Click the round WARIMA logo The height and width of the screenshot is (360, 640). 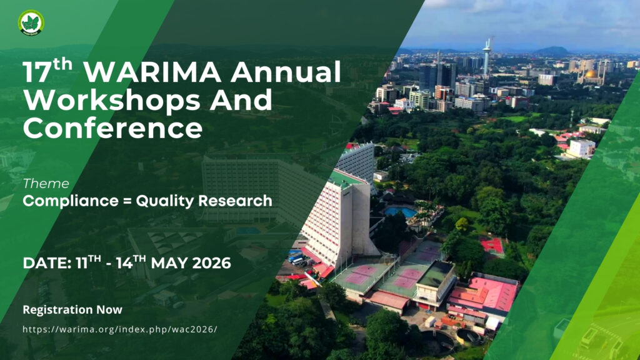click(31, 23)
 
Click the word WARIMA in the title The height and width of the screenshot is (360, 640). click(152, 72)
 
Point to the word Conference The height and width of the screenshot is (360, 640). click(112, 127)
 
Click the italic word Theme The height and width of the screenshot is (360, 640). click(46, 184)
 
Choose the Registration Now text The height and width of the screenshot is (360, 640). click(72, 310)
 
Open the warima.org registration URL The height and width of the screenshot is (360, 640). click(120, 329)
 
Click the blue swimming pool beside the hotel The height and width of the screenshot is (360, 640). click(401, 211)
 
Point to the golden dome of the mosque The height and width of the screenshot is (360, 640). click(592, 74)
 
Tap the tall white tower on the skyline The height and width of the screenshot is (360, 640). click(487, 56)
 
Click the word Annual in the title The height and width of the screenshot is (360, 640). click(285, 72)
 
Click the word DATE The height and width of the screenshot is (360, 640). click(47, 263)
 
